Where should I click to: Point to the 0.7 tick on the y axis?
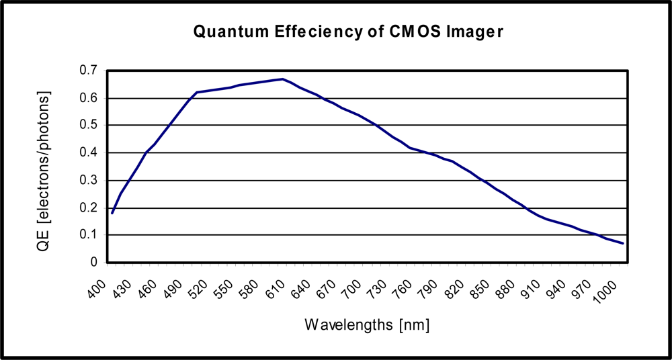[89, 71]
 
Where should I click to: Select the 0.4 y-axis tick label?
[89, 152]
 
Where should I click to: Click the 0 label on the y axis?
[94, 263]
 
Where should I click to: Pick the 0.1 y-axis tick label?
[89, 235]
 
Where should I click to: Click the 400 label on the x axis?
[99, 289]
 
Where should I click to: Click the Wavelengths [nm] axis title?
[367, 325]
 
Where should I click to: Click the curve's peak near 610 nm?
[283, 79]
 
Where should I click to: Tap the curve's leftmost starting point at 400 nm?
[112, 214]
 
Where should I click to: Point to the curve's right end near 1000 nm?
[624, 243]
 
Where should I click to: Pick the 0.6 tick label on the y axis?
[89, 98]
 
